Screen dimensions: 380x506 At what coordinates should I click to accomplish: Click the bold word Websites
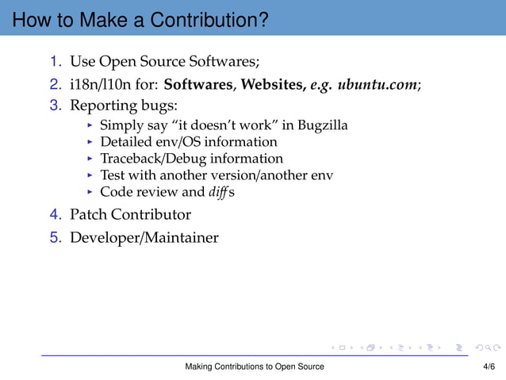(x=274, y=83)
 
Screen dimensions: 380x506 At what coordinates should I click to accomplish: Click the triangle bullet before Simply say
(x=90, y=126)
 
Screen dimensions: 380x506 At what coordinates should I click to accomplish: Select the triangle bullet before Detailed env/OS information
(x=90, y=143)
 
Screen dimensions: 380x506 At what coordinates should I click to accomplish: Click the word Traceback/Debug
(x=147, y=159)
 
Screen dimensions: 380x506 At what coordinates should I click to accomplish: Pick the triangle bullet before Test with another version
(x=90, y=176)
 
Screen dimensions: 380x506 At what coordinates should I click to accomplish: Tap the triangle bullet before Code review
(x=90, y=193)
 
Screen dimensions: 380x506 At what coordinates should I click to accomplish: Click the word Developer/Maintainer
(x=144, y=237)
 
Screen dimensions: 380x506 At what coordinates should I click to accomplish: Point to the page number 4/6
(x=489, y=367)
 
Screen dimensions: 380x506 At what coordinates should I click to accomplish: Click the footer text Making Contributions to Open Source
(x=254, y=367)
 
